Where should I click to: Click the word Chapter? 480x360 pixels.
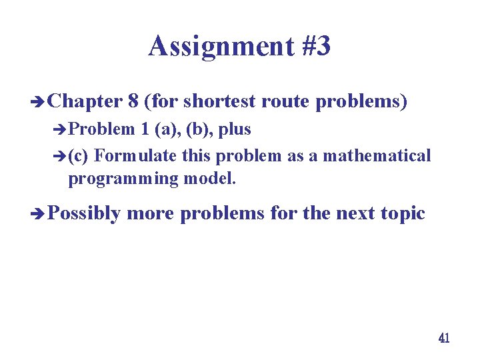coord(85,101)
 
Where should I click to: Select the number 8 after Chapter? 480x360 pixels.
coord(133,101)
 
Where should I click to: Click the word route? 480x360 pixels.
coord(285,101)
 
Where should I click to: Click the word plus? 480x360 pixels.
coord(238,129)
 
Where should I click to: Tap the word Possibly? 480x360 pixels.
coord(84,214)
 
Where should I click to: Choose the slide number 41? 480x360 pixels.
coord(444,338)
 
